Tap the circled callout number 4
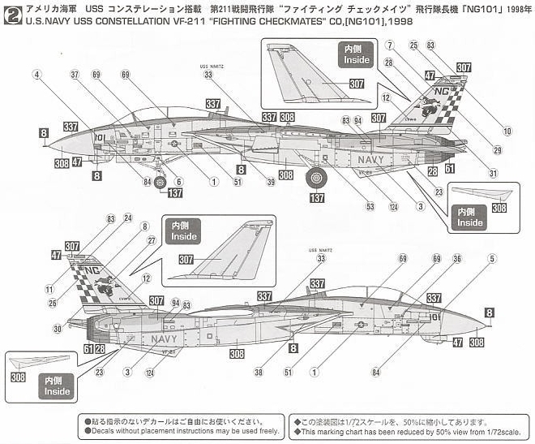pos(36,74)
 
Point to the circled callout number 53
pos(370,207)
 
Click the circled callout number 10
pos(507,131)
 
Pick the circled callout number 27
pos(152,240)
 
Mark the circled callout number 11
pos(50,288)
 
